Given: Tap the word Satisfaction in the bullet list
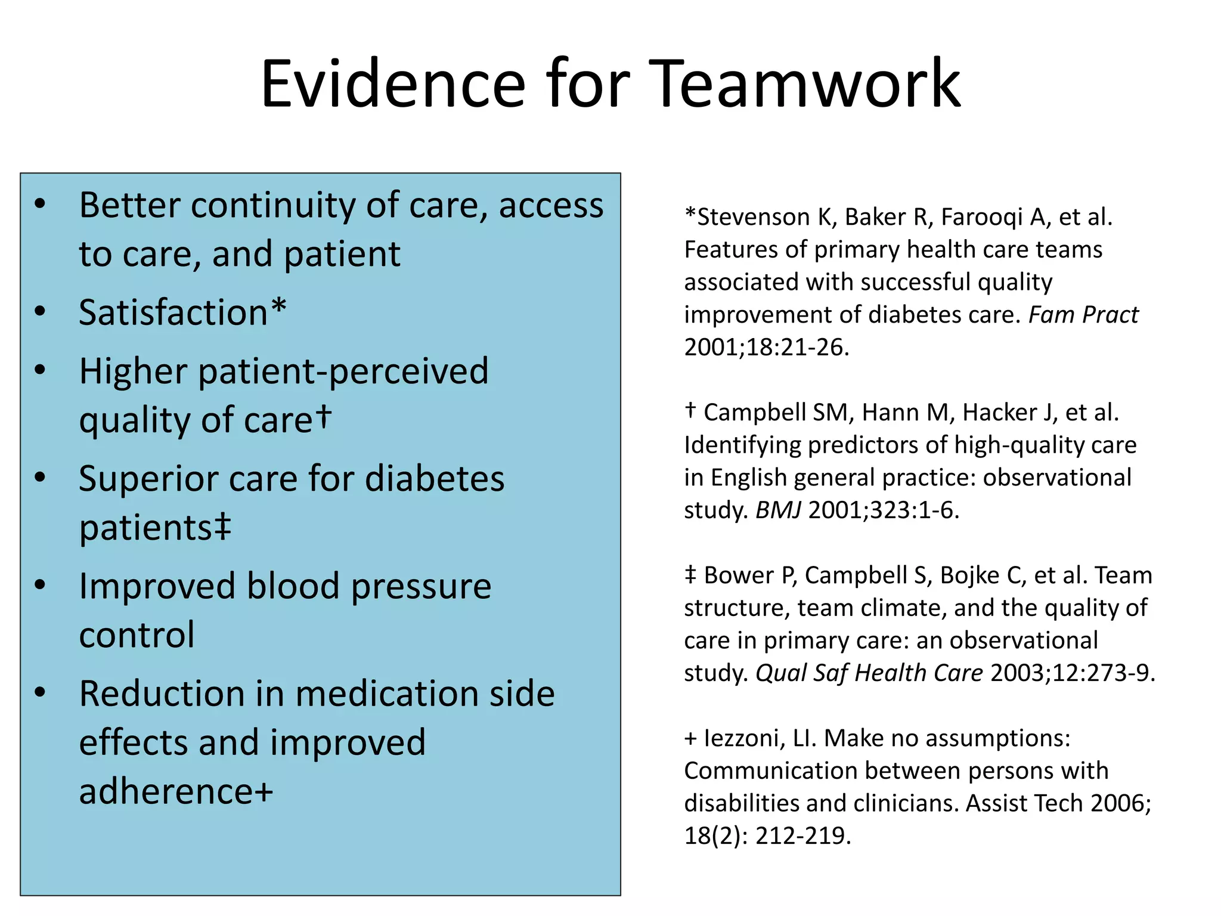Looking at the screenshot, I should [x=173, y=312].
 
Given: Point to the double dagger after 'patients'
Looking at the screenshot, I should [x=222, y=525].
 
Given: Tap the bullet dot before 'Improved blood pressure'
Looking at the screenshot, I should [x=40, y=584].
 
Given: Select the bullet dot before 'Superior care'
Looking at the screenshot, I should [x=40, y=477].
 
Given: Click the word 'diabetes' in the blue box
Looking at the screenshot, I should [x=435, y=478].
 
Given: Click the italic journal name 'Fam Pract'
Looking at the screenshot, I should [x=1083, y=315].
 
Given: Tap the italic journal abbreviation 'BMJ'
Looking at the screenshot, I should [x=778, y=510].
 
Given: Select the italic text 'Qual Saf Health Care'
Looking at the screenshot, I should [x=869, y=673].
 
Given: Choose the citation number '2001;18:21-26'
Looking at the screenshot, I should [x=766, y=347].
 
